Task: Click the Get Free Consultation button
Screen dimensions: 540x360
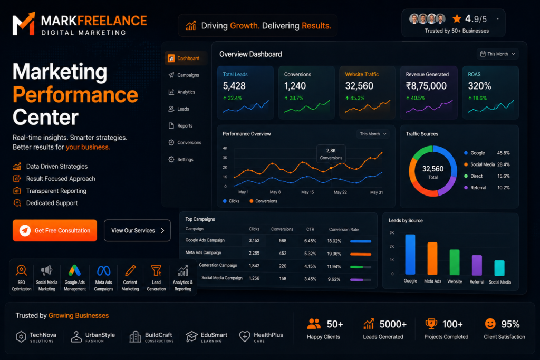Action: tap(55, 230)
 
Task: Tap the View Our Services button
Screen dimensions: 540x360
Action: tap(137, 230)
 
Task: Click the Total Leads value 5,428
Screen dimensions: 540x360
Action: tap(234, 86)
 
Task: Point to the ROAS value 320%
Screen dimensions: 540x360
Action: tap(479, 86)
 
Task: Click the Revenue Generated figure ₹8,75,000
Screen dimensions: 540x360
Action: tap(426, 86)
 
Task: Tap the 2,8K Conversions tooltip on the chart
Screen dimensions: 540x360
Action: tap(331, 154)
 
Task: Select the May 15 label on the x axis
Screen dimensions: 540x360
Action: tap(307, 192)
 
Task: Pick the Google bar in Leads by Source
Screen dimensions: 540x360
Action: tap(410, 254)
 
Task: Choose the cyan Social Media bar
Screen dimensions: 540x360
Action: tap(499, 268)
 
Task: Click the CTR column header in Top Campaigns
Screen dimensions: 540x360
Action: tap(310, 229)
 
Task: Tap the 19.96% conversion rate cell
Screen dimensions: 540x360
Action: tap(334, 254)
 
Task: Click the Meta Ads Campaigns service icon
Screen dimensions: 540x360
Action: tap(104, 271)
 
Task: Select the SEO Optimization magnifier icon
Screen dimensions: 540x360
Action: tap(21, 270)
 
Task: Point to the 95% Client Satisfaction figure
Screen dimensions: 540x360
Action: tap(510, 324)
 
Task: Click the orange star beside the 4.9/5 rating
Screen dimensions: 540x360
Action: tap(457, 18)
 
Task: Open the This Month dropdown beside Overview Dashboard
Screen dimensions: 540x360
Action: tap(498, 54)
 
